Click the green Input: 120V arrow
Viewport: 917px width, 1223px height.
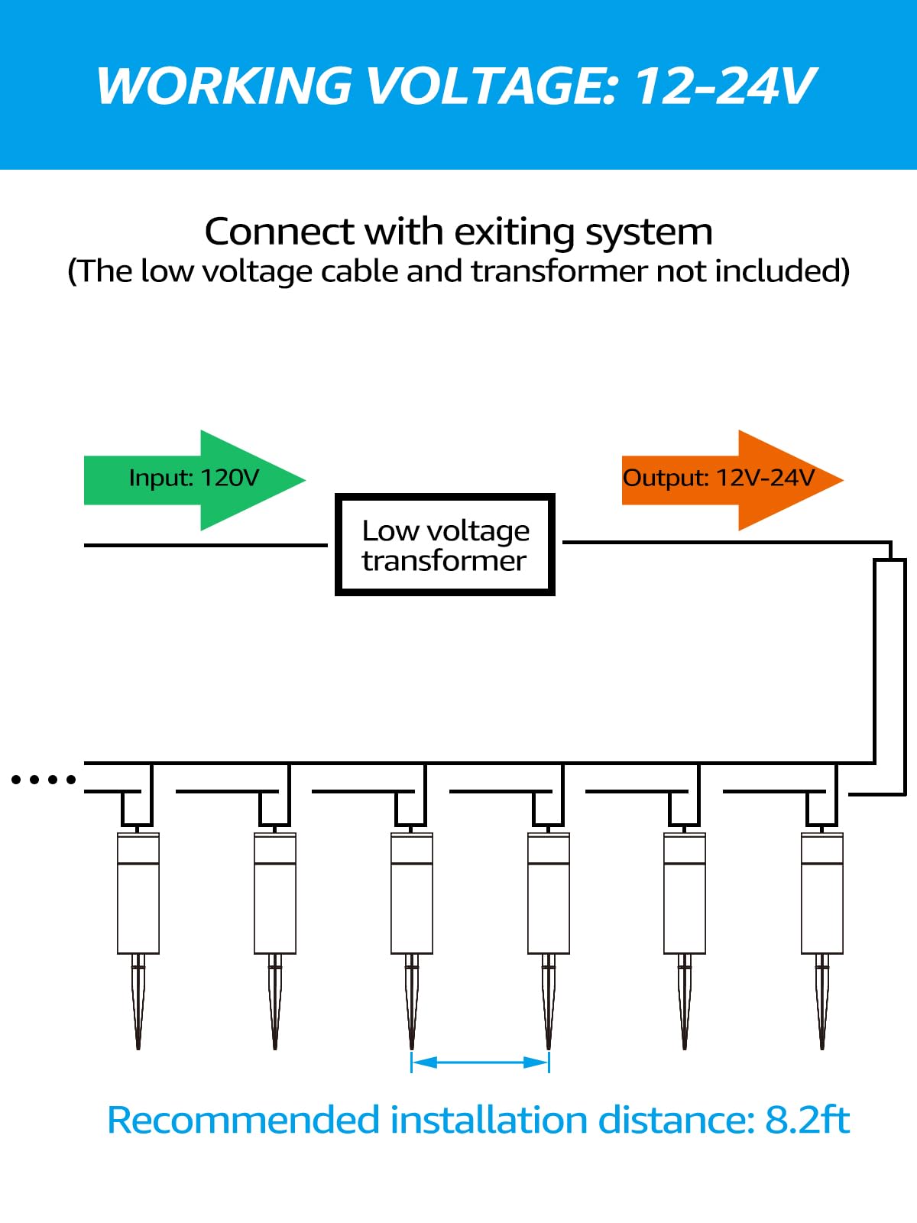click(195, 479)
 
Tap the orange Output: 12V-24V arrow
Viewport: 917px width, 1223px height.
click(730, 479)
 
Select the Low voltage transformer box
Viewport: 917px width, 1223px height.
click(445, 545)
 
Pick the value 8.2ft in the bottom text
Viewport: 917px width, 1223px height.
click(807, 1121)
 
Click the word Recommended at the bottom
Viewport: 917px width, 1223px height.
click(243, 1121)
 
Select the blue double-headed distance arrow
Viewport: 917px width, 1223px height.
click(480, 1062)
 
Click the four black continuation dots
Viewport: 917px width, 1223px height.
click(44, 780)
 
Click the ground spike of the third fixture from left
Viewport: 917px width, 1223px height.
click(412, 1001)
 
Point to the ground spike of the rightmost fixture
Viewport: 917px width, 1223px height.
click(822, 1001)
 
